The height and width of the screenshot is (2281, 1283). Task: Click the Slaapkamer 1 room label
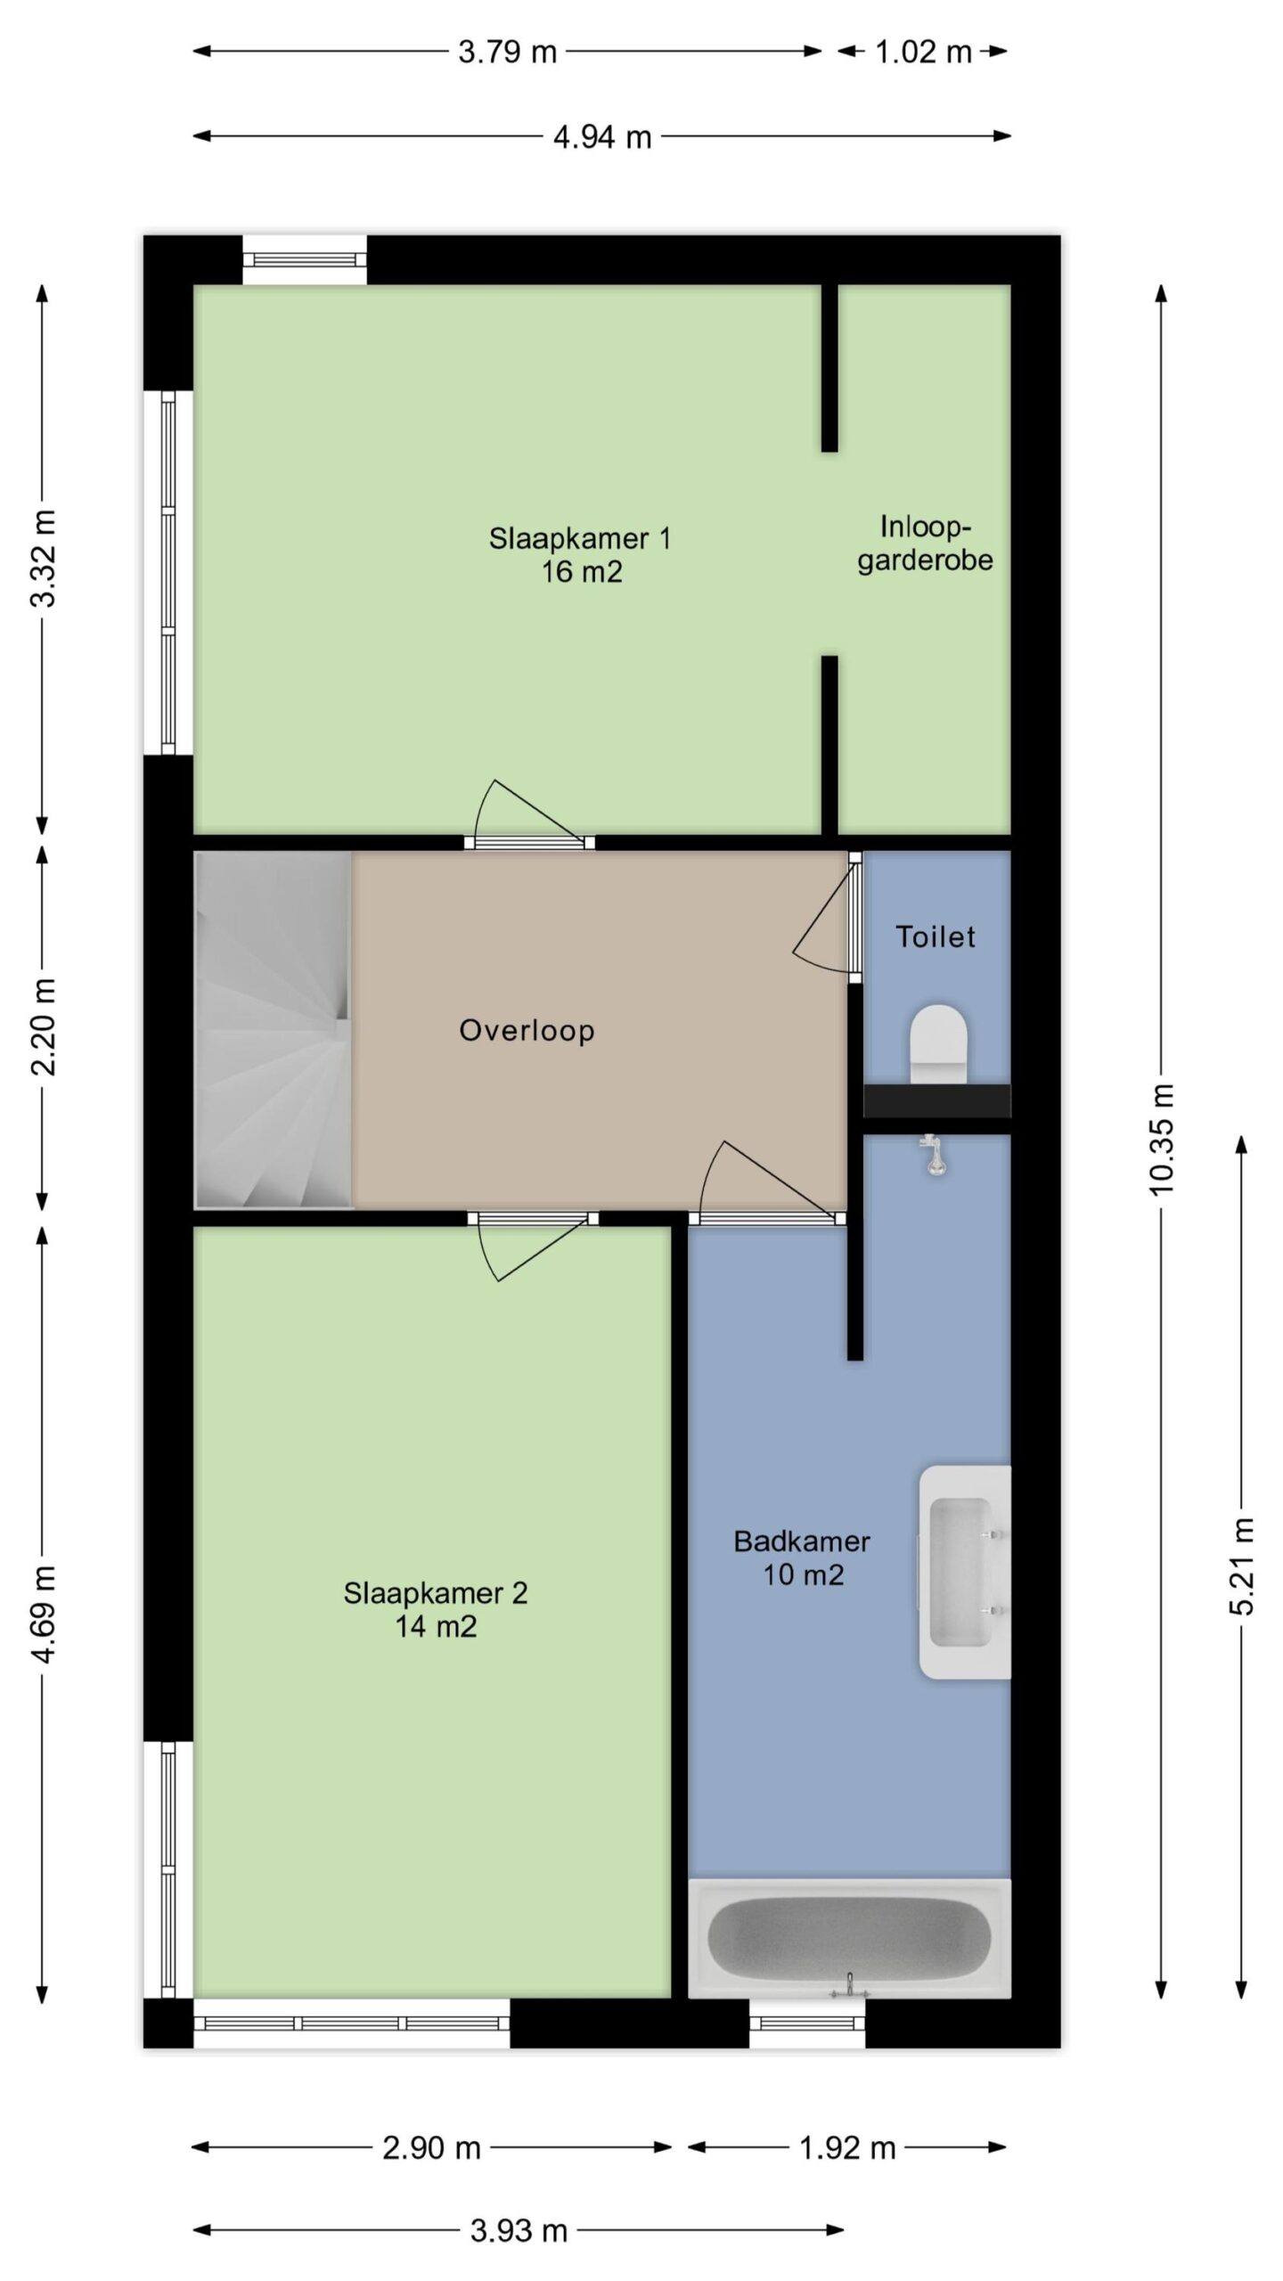(x=579, y=555)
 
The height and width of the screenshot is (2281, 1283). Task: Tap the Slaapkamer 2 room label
(x=436, y=1609)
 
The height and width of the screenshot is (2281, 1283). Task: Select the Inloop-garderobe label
(x=925, y=543)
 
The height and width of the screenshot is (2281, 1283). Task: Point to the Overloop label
(x=527, y=1030)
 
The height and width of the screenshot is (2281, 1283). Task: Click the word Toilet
(x=936, y=936)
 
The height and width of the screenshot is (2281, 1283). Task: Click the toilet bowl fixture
(x=938, y=1044)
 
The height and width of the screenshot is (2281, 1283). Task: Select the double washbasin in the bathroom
(x=965, y=1572)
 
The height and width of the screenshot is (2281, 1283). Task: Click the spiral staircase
(x=274, y=1030)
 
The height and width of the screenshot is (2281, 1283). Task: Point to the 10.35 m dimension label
(x=1162, y=1139)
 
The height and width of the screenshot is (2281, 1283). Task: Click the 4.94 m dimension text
(x=602, y=137)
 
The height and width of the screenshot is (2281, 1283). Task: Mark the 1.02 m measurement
(x=923, y=52)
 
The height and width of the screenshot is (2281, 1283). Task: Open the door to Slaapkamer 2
(x=533, y=1247)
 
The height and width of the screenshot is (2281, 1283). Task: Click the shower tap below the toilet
(x=932, y=1155)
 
